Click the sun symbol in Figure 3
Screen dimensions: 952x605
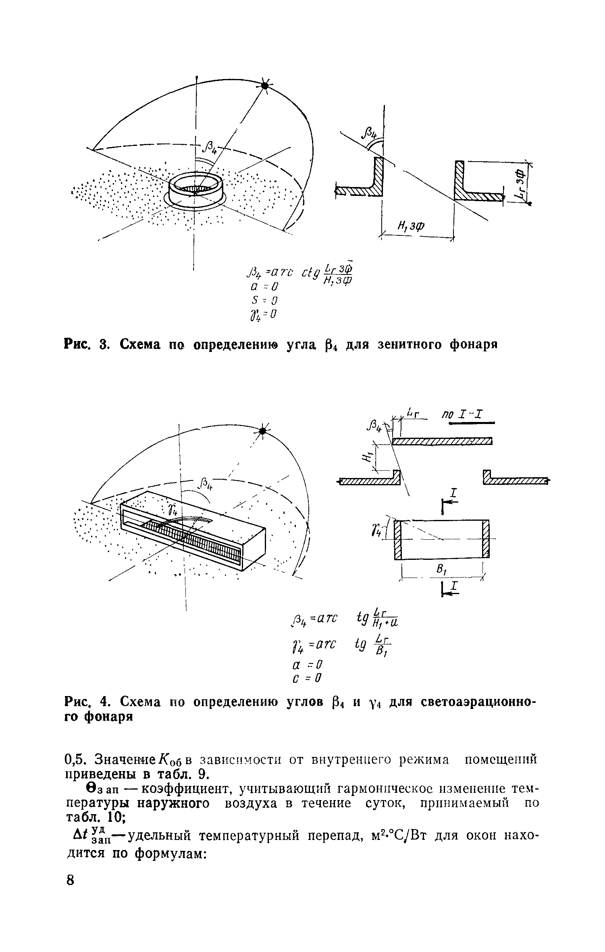(264, 86)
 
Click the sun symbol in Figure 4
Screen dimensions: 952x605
(262, 431)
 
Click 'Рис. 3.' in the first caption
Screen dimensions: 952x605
(86, 345)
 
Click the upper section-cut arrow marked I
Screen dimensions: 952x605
(450, 500)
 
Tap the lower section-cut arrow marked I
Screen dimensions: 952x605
(450, 589)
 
